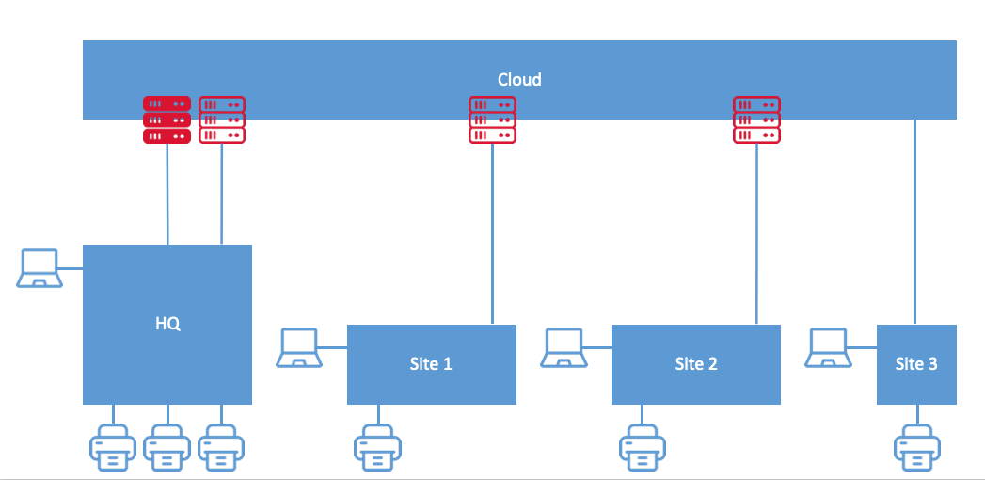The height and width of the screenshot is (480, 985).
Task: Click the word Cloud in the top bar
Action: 519,80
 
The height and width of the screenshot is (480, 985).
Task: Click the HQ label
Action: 167,324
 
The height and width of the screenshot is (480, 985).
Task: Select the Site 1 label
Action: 431,363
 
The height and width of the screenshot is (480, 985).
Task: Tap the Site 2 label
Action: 695,363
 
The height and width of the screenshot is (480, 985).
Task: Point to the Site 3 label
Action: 915,363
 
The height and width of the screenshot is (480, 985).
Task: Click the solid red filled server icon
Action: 167,120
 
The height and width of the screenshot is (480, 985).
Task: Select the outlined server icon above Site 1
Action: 492,120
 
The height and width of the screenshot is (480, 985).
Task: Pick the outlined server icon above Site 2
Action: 756,120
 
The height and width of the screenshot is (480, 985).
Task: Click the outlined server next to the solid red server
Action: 222,120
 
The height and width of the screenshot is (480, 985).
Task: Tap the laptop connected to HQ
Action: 39,268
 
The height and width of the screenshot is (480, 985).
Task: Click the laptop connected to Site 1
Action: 300,347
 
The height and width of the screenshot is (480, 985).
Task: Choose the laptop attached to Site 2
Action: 564,347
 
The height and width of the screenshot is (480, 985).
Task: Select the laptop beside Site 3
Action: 830,347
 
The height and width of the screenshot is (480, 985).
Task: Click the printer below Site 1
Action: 377,447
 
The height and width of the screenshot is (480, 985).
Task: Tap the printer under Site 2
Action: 643,447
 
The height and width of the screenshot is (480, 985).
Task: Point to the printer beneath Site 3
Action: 915,447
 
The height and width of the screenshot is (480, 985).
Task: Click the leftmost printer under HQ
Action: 113,447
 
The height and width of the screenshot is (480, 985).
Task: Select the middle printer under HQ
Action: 167,447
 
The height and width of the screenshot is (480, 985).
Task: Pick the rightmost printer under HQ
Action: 221,447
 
